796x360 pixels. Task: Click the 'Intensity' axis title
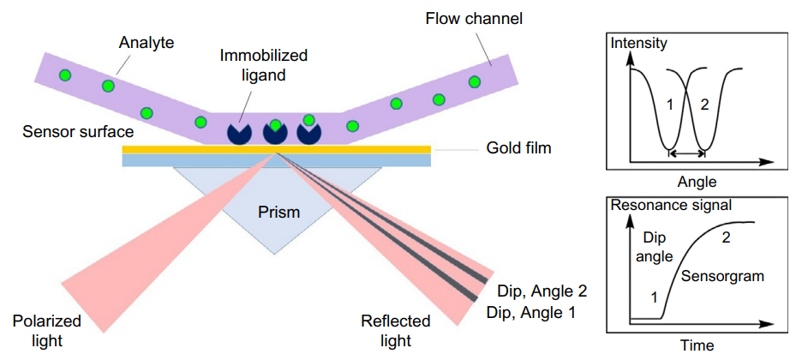click(x=639, y=42)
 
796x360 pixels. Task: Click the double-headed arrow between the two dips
click(x=686, y=153)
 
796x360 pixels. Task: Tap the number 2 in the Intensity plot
click(x=704, y=105)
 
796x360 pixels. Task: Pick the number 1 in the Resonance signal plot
click(x=654, y=297)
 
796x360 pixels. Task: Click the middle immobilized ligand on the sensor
click(x=274, y=131)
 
